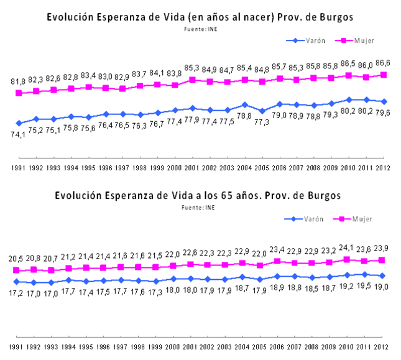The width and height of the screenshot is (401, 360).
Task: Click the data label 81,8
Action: (19, 82)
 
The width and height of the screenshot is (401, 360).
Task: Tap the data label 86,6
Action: (383, 63)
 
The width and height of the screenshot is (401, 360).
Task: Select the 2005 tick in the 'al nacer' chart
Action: (262, 168)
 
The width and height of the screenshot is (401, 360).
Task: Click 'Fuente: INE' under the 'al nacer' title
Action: (200, 29)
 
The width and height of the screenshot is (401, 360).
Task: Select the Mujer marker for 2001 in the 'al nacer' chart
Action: (193, 80)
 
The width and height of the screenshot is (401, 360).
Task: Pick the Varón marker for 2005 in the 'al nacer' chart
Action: (262, 111)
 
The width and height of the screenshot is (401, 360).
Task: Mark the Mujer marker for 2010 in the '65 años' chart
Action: (349, 259)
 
